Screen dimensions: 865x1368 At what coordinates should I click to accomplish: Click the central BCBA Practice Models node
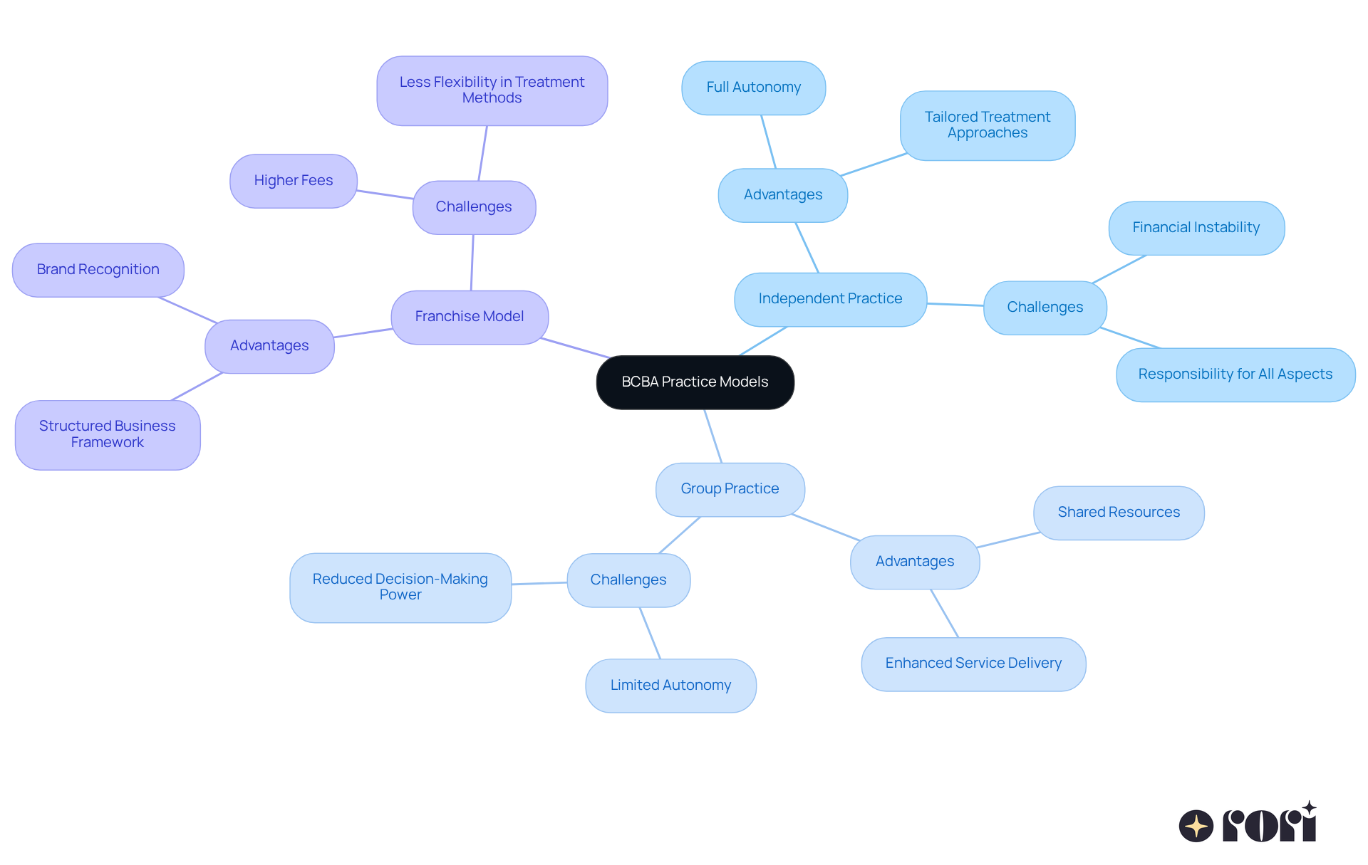(x=695, y=382)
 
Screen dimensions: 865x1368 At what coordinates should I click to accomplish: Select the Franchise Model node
(x=470, y=317)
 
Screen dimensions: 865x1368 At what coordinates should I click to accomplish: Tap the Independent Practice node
(x=830, y=299)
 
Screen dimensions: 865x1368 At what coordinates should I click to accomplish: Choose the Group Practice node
(x=730, y=489)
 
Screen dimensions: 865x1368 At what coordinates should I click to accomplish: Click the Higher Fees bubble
(x=293, y=181)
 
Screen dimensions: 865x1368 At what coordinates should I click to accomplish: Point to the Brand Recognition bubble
(x=98, y=270)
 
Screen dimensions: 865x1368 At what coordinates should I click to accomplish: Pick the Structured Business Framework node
(x=107, y=434)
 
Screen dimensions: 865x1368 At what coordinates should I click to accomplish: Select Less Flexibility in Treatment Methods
(x=492, y=90)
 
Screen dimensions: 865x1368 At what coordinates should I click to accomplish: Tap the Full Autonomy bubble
(x=753, y=88)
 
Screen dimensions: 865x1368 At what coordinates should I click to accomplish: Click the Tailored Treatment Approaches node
(x=987, y=125)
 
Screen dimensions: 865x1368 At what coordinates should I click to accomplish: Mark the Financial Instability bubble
(x=1196, y=228)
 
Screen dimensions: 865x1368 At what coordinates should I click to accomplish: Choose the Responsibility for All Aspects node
(x=1235, y=374)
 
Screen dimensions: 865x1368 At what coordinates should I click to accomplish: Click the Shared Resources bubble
(x=1119, y=513)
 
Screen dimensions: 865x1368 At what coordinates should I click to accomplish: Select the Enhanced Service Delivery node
(x=973, y=664)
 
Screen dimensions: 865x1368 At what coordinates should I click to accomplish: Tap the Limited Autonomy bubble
(x=670, y=686)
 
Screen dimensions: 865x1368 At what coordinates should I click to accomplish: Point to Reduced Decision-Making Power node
(x=400, y=587)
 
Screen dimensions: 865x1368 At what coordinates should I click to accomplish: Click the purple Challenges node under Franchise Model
(x=474, y=207)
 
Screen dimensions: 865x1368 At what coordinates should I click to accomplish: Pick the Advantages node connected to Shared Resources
(x=915, y=562)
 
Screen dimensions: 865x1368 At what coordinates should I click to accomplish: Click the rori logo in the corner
(x=1248, y=824)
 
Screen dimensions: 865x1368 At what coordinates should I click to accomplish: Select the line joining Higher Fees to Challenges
(x=385, y=194)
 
